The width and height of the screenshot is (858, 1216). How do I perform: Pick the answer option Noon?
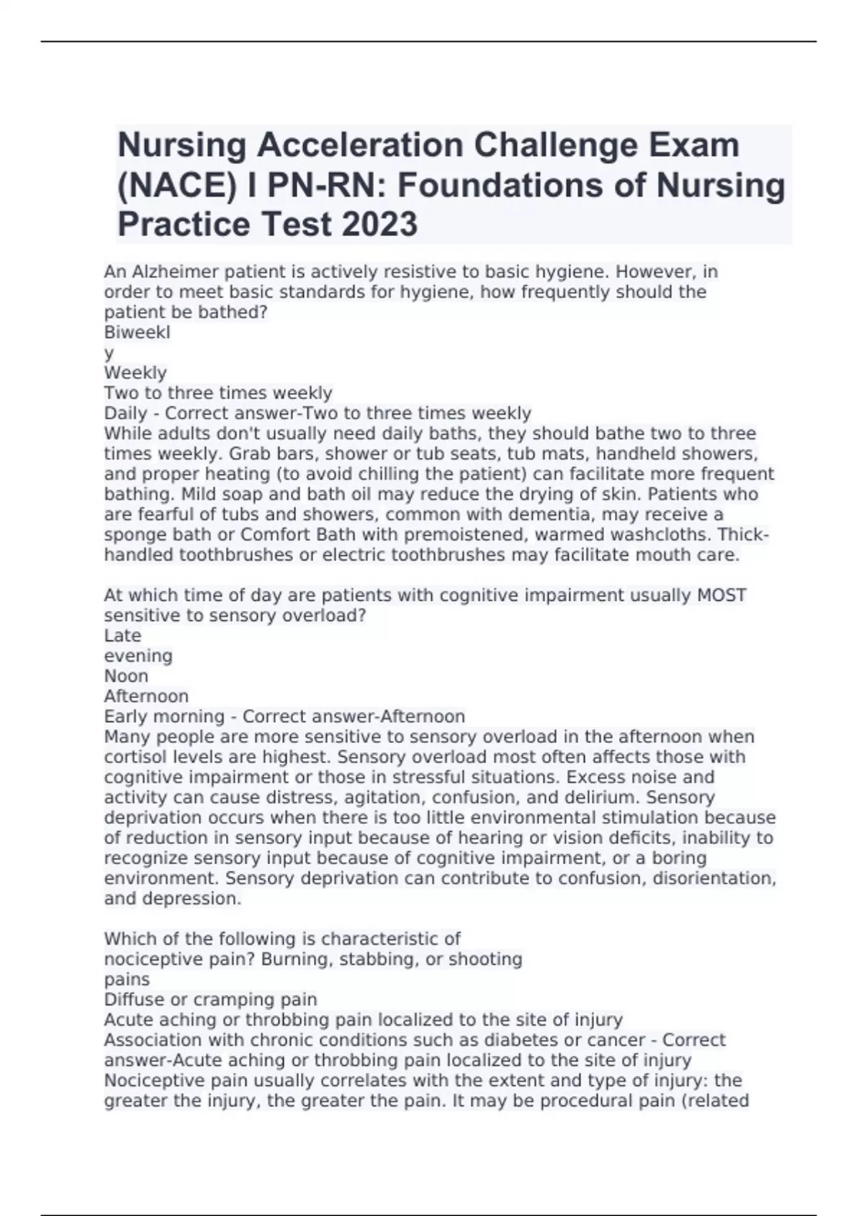(x=127, y=676)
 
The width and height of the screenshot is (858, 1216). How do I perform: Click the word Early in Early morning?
(x=127, y=716)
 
